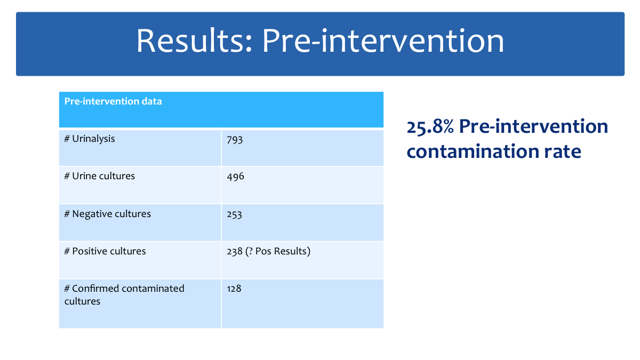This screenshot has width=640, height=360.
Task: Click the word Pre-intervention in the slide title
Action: pos(383,41)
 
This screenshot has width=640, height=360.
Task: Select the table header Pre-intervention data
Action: pos(113,101)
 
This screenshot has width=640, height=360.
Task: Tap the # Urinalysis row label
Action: pos(90,139)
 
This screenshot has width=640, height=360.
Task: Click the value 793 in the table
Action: pos(235,140)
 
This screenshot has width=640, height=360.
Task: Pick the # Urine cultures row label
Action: pos(99,175)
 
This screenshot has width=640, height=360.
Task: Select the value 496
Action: pos(235,177)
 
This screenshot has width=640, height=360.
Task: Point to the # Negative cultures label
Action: pos(107,214)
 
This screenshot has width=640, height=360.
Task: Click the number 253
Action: pos(234,214)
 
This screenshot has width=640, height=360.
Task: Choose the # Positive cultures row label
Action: pos(105,251)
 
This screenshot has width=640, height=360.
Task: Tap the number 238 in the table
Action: pos(235,251)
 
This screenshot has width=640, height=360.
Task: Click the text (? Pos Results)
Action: pos(278,251)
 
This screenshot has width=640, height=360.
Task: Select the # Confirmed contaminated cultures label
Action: pos(124,294)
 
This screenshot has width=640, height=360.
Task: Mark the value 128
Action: pos(234,289)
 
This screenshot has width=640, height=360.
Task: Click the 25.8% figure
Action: pos(430,126)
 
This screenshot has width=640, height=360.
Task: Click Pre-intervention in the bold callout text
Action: pos(533,126)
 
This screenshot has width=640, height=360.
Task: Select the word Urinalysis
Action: pos(93,139)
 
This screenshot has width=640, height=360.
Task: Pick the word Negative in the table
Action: pos(91,214)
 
